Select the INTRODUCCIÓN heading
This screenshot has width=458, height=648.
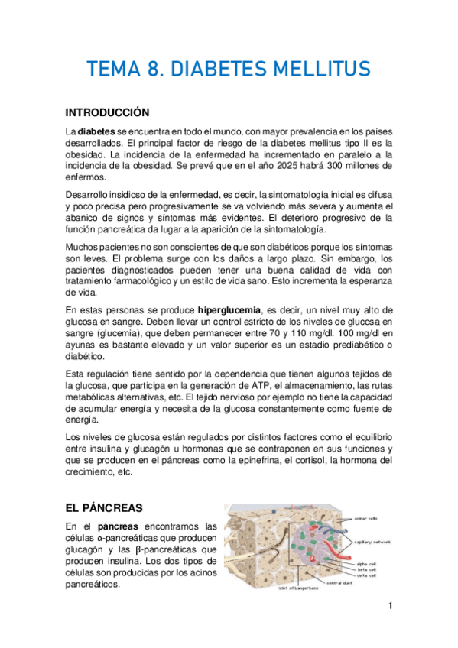click(x=107, y=112)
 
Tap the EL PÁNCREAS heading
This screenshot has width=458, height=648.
click(x=104, y=507)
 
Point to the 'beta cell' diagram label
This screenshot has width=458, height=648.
click(x=366, y=569)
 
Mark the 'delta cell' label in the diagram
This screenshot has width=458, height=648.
click(x=366, y=575)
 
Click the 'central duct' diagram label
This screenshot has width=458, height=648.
click(x=339, y=583)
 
